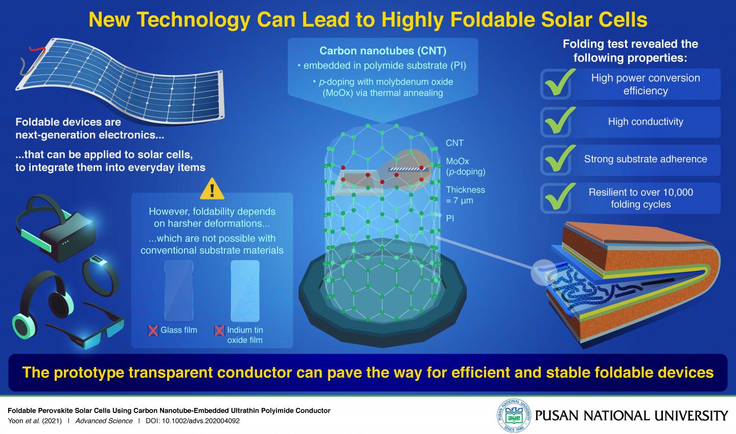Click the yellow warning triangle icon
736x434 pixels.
coord(212,189)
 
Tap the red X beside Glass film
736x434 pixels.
coord(153,330)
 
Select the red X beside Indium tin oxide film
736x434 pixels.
coord(219,330)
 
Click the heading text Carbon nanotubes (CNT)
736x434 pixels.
coord(383,51)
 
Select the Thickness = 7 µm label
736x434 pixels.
coord(465,195)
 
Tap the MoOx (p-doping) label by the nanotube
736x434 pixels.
coord(465,167)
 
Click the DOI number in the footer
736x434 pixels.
coord(207,421)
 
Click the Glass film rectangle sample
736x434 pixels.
coord(179,290)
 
